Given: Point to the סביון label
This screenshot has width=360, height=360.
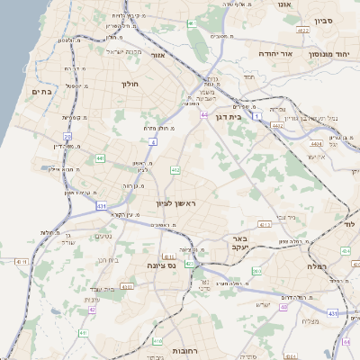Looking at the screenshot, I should click(x=323, y=20).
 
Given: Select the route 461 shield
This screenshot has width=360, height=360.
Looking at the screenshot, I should click(x=192, y=22).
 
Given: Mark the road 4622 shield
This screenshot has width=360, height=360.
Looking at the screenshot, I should click(x=303, y=31).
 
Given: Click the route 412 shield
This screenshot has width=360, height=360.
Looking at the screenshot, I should click(x=175, y=169).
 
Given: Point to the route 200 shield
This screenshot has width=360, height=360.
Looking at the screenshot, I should click(x=257, y=271).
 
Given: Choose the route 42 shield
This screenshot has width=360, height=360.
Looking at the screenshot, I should click(x=92, y=310).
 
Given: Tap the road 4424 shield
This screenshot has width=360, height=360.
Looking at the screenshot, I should click(x=316, y=143).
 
